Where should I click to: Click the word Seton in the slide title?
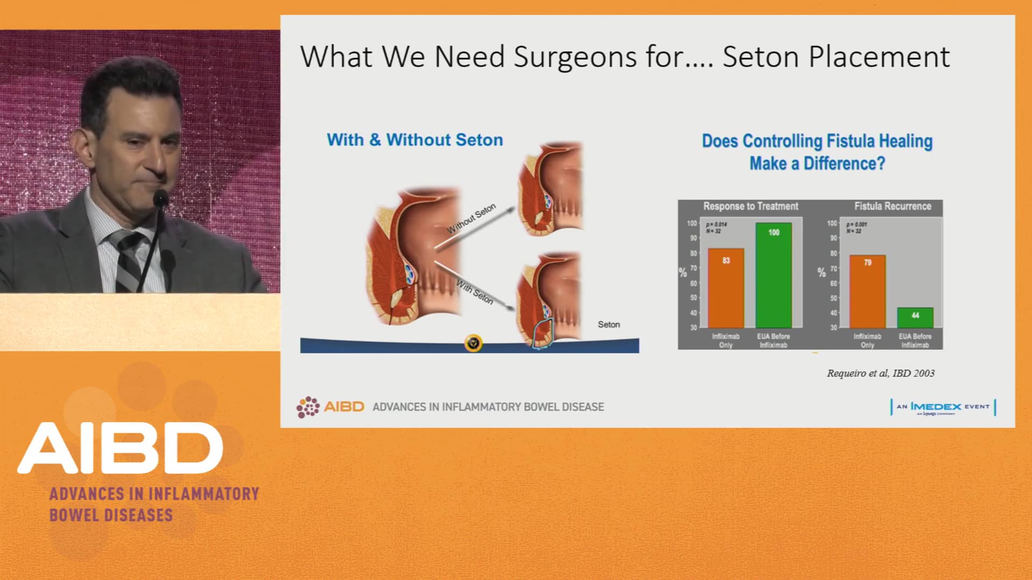point(761,57)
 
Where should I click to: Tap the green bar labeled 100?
point(773,275)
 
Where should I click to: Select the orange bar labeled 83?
point(726,288)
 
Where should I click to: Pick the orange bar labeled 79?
point(867,291)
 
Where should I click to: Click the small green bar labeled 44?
point(915,317)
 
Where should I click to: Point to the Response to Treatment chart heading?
point(750,206)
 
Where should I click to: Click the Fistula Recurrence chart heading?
point(892,206)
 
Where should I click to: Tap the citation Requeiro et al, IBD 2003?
point(880,373)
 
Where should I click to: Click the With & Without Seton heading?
point(415,140)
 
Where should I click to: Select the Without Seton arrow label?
point(471,219)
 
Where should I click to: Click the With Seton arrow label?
point(475,292)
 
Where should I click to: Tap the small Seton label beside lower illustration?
point(608,324)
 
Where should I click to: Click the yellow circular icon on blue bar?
point(473,343)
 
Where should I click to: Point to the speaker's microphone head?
point(160,198)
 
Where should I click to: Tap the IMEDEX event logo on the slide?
point(943,407)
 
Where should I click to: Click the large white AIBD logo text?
point(120,448)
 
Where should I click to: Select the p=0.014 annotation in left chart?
point(716,224)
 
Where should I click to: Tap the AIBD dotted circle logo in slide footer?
point(308,407)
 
